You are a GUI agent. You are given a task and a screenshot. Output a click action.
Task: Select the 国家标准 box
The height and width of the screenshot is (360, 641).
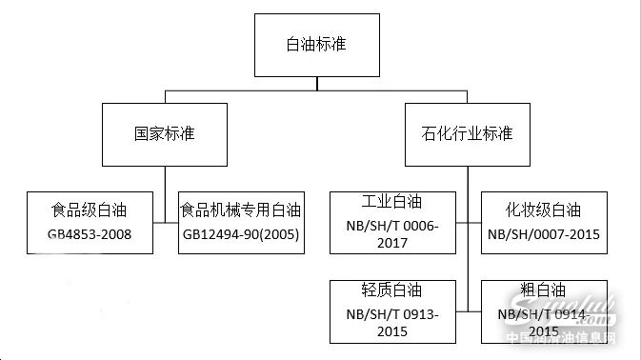pyautogui.click(x=166, y=134)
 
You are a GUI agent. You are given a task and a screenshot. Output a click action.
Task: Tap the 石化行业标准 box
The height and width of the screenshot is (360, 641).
pyautogui.click(x=467, y=134)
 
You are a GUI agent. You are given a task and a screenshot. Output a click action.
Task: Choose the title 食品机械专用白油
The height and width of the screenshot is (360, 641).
pyautogui.click(x=240, y=210)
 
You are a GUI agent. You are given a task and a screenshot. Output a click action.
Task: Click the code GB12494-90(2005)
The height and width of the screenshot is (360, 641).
pyautogui.click(x=240, y=234)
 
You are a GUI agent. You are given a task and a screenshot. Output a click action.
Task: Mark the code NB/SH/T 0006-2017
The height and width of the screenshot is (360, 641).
pyautogui.click(x=391, y=234)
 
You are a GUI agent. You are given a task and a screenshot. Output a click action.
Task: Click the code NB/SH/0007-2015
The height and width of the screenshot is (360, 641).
pyautogui.click(x=544, y=234)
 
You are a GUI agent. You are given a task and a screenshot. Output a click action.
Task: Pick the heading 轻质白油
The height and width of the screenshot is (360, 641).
pyautogui.click(x=391, y=290)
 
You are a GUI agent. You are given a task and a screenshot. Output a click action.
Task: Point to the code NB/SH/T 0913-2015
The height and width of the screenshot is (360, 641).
pyautogui.click(x=391, y=324)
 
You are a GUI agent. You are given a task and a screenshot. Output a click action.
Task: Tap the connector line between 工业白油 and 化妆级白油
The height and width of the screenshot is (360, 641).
pyautogui.click(x=468, y=223)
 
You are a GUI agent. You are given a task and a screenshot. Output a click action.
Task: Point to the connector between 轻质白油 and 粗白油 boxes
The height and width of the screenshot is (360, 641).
pyautogui.click(x=468, y=311)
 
